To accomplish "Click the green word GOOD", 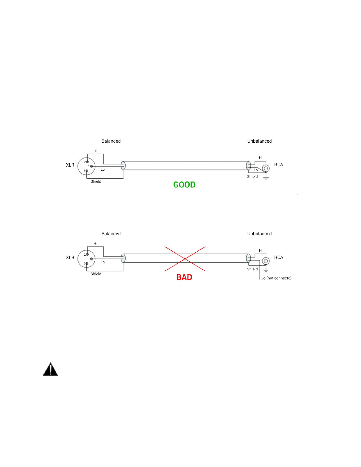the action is tap(184, 185).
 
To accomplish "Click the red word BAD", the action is tap(184, 277).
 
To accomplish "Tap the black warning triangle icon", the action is tap(50, 369).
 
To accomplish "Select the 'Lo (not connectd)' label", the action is tap(276, 278).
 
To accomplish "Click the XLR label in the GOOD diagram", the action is tap(70, 165).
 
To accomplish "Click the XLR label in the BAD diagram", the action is tap(70, 258).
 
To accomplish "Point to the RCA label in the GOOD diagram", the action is tap(278, 165).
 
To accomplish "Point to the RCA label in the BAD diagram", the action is tap(278, 257).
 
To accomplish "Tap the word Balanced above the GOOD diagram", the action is tap(111, 141).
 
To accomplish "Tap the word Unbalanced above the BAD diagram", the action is tap(260, 234).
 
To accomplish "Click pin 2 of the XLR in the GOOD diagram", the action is tap(87, 162).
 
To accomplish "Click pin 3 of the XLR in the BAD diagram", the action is tap(87, 263).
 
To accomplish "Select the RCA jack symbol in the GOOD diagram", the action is tap(266, 169).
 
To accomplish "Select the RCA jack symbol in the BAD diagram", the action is tap(266, 261).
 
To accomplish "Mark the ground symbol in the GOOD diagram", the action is tap(266, 178).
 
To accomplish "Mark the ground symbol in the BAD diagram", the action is tap(266, 270).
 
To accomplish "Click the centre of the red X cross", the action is tap(185, 259).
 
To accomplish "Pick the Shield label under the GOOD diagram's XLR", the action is tap(96, 182).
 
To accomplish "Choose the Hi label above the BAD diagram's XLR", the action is tap(95, 244).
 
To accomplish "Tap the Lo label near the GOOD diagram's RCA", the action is tap(256, 170).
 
